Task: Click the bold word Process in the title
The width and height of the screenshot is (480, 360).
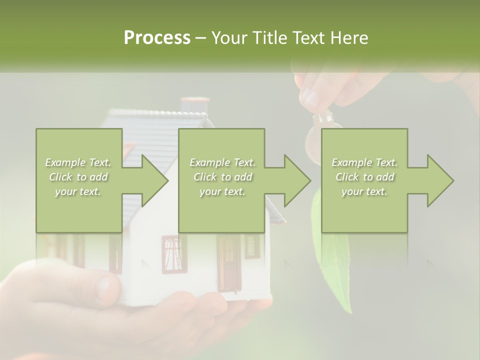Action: click(157, 38)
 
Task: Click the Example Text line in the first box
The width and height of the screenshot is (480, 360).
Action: click(78, 162)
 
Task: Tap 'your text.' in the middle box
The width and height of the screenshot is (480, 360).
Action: click(222, 191)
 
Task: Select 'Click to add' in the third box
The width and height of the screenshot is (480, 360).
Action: click(364, 177)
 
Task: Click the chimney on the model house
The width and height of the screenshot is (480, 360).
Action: click(194, 105)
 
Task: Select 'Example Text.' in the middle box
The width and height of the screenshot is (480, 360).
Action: click(222, 162)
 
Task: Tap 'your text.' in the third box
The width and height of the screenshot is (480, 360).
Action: click(364, 191)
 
